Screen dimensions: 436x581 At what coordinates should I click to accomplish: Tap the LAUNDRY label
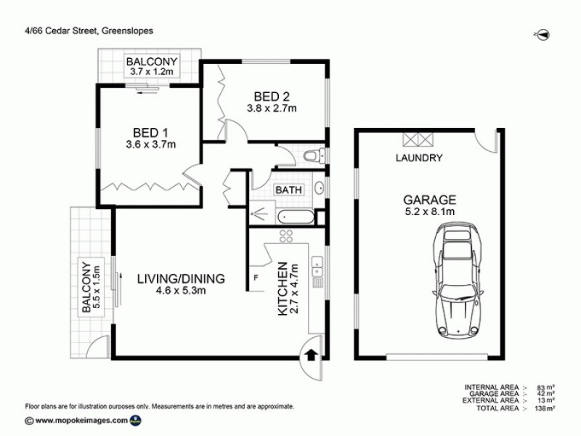419,158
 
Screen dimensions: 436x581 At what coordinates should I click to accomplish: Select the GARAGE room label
430,199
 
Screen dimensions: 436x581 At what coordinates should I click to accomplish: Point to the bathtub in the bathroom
296,216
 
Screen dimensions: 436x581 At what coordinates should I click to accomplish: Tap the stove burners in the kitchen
285,235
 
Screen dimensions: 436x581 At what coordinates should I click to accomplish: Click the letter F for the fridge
256,278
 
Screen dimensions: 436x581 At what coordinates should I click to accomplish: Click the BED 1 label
150,132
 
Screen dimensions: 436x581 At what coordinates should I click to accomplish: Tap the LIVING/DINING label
180,278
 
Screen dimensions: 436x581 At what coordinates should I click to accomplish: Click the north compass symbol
542,33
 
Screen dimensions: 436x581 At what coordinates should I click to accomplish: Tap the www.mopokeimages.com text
81,420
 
